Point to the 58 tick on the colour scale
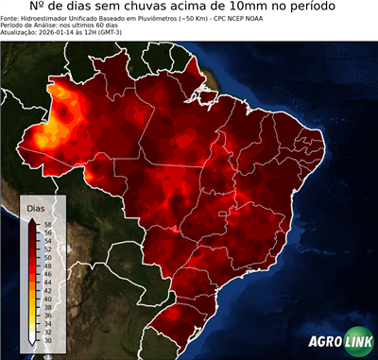click(47, 225)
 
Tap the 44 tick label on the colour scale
click(47, 283)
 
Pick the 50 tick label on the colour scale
click(47, 258)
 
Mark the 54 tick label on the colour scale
click(47, 241)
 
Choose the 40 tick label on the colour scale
click(47, 299)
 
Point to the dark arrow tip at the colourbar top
click(33, 220)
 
